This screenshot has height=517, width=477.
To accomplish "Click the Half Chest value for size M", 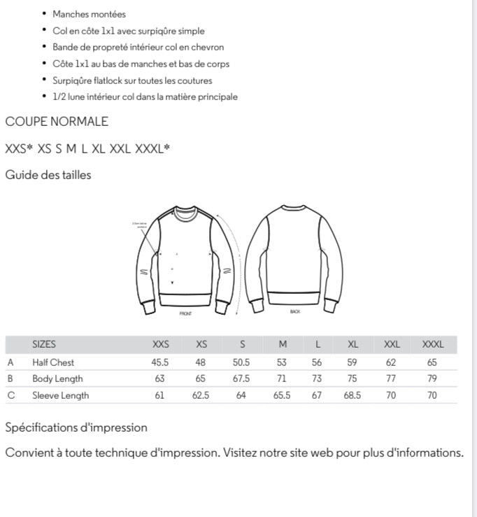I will [x=283, y=362].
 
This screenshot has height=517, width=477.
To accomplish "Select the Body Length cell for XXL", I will [x=391, y=378].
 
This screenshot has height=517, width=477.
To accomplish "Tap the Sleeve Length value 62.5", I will [x=201, y=395].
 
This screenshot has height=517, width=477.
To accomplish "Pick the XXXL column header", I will [x=432, y=344].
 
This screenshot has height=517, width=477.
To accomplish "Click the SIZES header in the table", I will [x=44, y=344].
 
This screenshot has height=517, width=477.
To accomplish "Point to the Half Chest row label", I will [x=53, y=362].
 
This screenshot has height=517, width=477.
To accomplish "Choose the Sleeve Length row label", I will [x=61, y=395].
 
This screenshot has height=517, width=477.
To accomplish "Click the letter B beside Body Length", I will [x=10, y=378].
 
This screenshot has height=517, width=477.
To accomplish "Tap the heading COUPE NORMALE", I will [x=57, y=121].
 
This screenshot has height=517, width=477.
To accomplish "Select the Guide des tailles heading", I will [x=48, y=175].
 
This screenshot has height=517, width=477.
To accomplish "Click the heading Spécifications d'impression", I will [x=76, y=427].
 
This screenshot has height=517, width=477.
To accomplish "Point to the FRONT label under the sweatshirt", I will [x=185, y=313].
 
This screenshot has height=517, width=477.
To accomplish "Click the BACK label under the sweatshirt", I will [x=294, y=311].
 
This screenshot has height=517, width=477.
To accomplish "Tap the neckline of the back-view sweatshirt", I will [x=294, y=207].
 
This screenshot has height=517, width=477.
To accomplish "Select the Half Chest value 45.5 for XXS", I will [x=160, y=362].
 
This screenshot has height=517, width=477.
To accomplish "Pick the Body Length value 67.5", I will [x=241, y=378].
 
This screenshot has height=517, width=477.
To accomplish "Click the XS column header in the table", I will [x=201, y=344].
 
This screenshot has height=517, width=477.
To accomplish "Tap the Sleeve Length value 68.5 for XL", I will [x=353, y=395].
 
